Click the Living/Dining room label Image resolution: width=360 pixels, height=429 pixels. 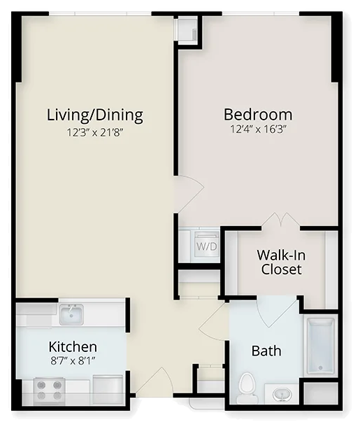pos(95,115)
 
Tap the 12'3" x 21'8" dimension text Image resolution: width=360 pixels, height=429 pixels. pos(95,133)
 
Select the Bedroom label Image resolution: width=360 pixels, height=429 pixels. pos(258,115)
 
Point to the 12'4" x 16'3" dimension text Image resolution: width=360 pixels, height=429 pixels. pos(258,129)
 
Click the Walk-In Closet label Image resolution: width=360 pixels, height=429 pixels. pos(281,262)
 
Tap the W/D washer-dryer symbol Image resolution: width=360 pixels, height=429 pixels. pos(206,244)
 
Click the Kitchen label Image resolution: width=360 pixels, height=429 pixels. pos(73,346)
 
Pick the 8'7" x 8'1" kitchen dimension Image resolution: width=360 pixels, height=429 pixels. pos(73,361)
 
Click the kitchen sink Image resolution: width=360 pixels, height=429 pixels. pos(71,314)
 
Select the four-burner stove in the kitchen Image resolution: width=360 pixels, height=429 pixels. pos(49,391)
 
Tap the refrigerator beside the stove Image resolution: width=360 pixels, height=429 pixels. pos(108,390)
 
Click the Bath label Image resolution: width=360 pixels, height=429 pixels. pos(266,351)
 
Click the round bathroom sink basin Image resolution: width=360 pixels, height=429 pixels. pos(282,395)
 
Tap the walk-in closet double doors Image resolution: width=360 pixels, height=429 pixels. pos(281,220)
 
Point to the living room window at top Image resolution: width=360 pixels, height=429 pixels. pos(100,13)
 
